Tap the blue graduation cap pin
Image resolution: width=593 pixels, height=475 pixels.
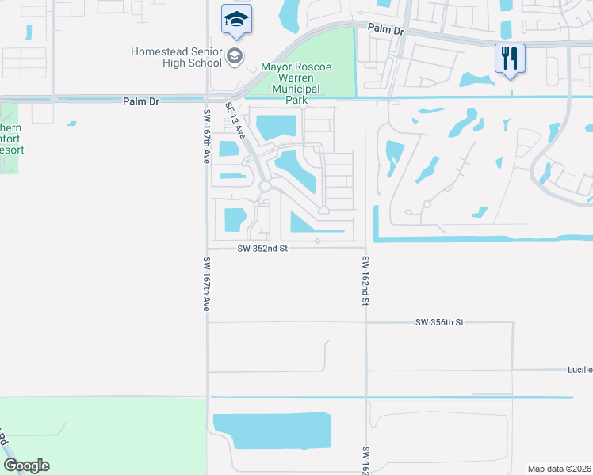[235, 20]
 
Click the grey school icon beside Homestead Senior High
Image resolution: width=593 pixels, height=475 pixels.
[234, 55]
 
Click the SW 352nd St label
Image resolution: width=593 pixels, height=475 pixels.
[261, 249]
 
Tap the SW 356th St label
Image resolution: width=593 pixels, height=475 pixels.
[438, 322]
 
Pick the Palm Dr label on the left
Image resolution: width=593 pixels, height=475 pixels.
[141, 101]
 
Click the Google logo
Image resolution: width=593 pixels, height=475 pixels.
[26, 465]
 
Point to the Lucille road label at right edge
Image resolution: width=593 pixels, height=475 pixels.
[579, 370]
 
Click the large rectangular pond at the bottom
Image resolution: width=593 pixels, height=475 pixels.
[271, 431]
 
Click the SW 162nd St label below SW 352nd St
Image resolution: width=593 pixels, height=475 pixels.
[365, 280]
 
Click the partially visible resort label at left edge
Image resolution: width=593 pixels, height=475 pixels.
[12, 139]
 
